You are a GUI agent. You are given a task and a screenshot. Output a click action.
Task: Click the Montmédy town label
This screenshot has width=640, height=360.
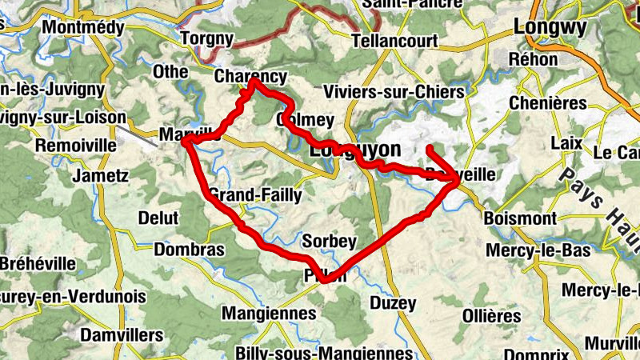[x=86, y=27]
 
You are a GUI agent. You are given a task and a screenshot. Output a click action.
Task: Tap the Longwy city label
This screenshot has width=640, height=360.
[x=550, y=26]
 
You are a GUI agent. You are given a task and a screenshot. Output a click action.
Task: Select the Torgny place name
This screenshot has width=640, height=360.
[x=206, y=38]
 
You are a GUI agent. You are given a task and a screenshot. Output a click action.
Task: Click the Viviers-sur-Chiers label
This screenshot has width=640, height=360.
[x=392, y=92]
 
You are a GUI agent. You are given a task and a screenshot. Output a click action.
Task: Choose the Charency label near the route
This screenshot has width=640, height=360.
[x=250, y=77]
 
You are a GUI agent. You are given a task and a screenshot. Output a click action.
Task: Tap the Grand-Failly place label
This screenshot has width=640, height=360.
[x=255, y=194]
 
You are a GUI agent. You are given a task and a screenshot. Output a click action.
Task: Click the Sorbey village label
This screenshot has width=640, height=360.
[x=330, y=241]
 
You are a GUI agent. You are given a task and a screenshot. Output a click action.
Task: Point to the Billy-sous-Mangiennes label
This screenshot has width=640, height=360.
[x=324, y=352]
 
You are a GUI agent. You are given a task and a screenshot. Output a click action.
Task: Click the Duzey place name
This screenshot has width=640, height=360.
[x=393, y=303]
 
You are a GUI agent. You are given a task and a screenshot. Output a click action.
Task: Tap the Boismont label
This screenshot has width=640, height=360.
[x=520, y=218]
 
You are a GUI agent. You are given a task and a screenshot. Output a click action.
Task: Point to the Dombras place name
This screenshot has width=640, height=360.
[x=189, y=250]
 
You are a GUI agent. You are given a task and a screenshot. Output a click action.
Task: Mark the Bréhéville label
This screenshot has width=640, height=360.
[x=38, y=263]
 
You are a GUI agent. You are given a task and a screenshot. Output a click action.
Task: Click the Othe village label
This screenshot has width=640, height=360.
[x=170, y=72]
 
